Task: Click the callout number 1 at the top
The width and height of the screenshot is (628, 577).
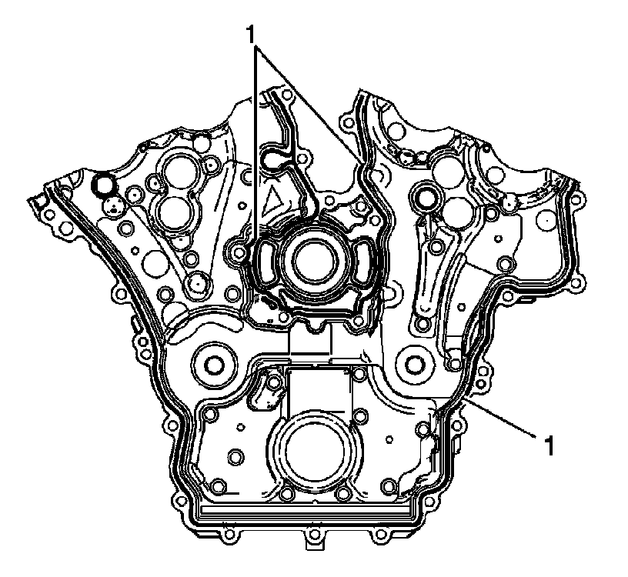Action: coord(251,35)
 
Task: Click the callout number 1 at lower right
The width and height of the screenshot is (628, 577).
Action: coord(549,445)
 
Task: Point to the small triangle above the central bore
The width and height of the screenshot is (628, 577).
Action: coord(272,200)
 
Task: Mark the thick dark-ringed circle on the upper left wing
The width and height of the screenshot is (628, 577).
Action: coord(103,182)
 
